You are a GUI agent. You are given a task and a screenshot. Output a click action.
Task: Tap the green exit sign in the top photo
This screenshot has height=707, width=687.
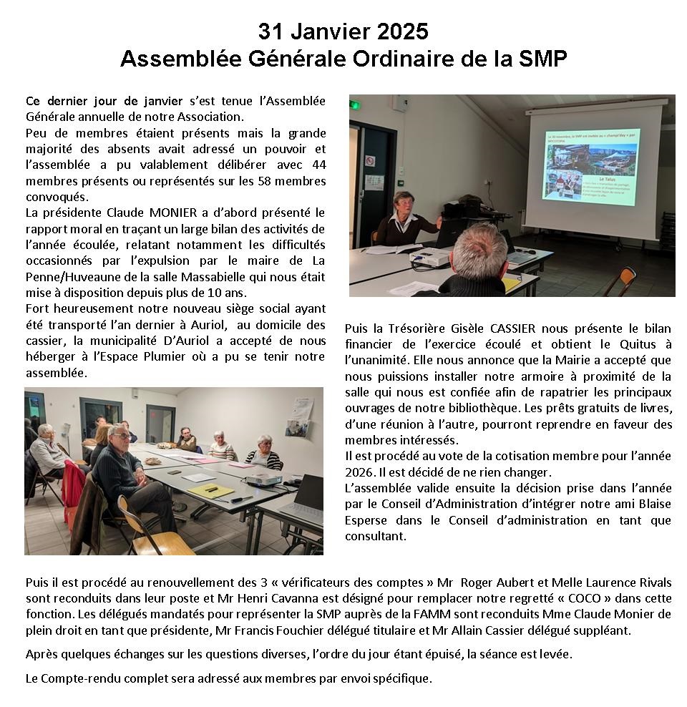click(x=354, y=105)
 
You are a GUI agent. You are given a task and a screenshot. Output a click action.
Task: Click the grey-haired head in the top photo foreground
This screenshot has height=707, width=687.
click(x=480, y=246)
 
